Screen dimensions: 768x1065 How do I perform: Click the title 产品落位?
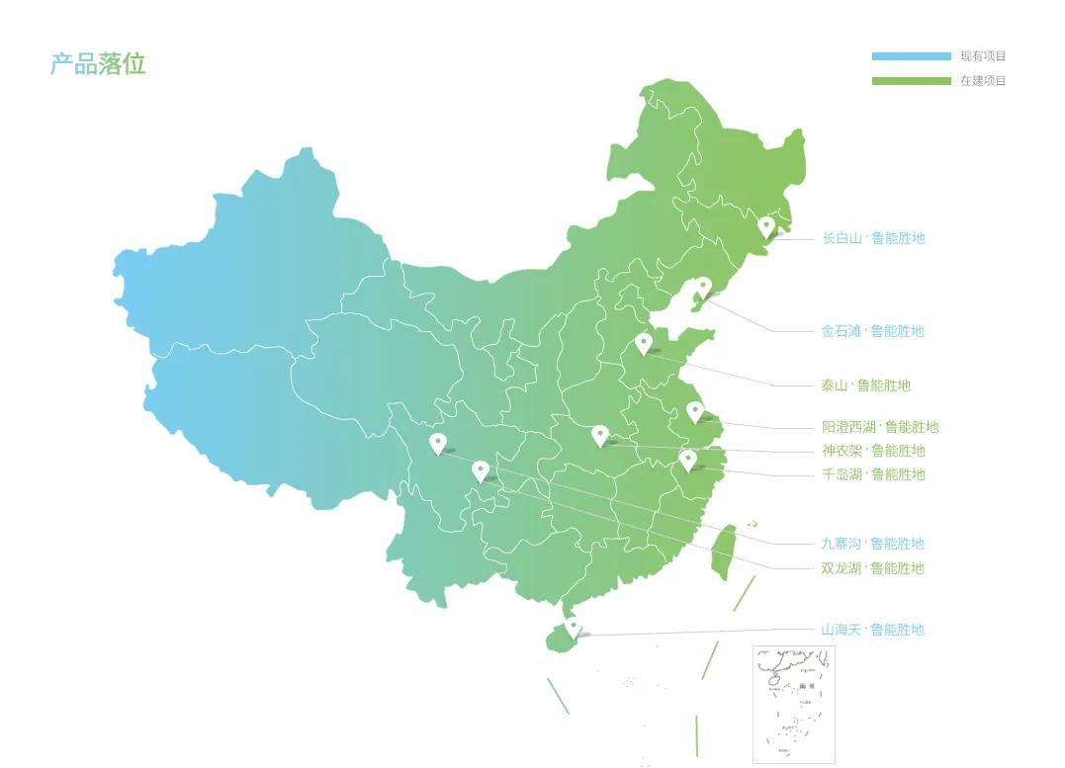[x=98, y=64]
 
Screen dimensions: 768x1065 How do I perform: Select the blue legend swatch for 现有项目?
[x=911, y=56]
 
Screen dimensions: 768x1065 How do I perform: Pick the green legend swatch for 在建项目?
[x=911, y=81]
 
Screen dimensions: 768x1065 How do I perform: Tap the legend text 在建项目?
[x=983, y=81]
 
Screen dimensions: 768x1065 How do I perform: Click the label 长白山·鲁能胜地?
[x=873, y=238]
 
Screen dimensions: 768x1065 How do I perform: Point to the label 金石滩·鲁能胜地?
[x=872, y=331]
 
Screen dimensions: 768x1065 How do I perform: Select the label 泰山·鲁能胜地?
[x=865, y=385]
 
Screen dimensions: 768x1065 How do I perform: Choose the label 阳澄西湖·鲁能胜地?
[x=880, y=427]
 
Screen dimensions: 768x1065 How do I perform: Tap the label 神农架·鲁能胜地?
[x=873, y=451]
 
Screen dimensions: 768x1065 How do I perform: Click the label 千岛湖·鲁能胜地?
[x=873, y=474]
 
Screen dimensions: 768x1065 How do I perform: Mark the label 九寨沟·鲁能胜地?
[x=872, y=544]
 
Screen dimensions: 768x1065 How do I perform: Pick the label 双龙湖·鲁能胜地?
[x=872, y=568]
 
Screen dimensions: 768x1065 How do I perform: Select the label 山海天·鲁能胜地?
[x=872, y=630]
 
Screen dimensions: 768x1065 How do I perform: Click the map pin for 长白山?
[x=765, y=226]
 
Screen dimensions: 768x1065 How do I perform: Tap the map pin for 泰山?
[x=644, y=343]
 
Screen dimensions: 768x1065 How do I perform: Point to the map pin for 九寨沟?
[x=438, y=443]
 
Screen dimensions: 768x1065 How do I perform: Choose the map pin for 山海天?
[x=572, y=626]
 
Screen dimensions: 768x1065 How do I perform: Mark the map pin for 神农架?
[x=599, y=435]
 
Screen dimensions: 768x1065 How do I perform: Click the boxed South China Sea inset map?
[x=793, y=704]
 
